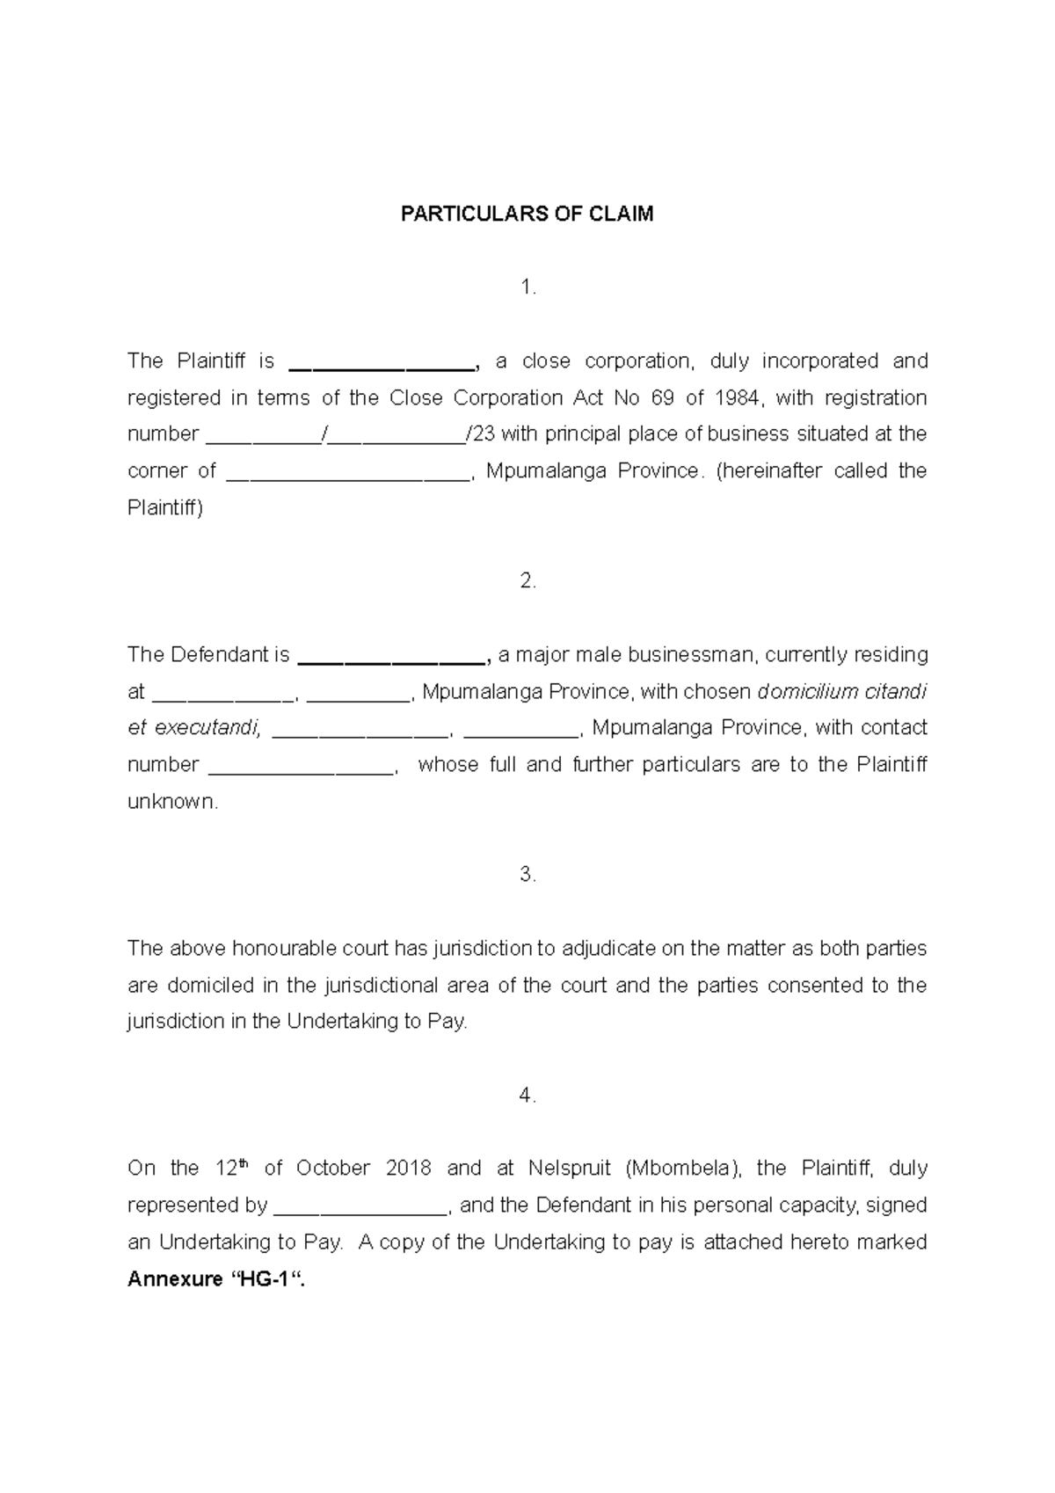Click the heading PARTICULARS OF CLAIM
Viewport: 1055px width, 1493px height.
tap(527, 215)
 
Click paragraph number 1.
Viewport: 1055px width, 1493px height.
tap(527, 288)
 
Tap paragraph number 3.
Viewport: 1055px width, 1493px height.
tap(527, 875)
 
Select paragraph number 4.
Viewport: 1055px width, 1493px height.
tap(527, 1096)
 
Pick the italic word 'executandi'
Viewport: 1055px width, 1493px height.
tap(207, 728)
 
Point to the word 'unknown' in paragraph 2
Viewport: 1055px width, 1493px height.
tap(171, 802)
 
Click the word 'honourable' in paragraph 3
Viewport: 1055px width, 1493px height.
tap(272, 949)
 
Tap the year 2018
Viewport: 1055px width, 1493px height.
tap(408, 1169)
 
